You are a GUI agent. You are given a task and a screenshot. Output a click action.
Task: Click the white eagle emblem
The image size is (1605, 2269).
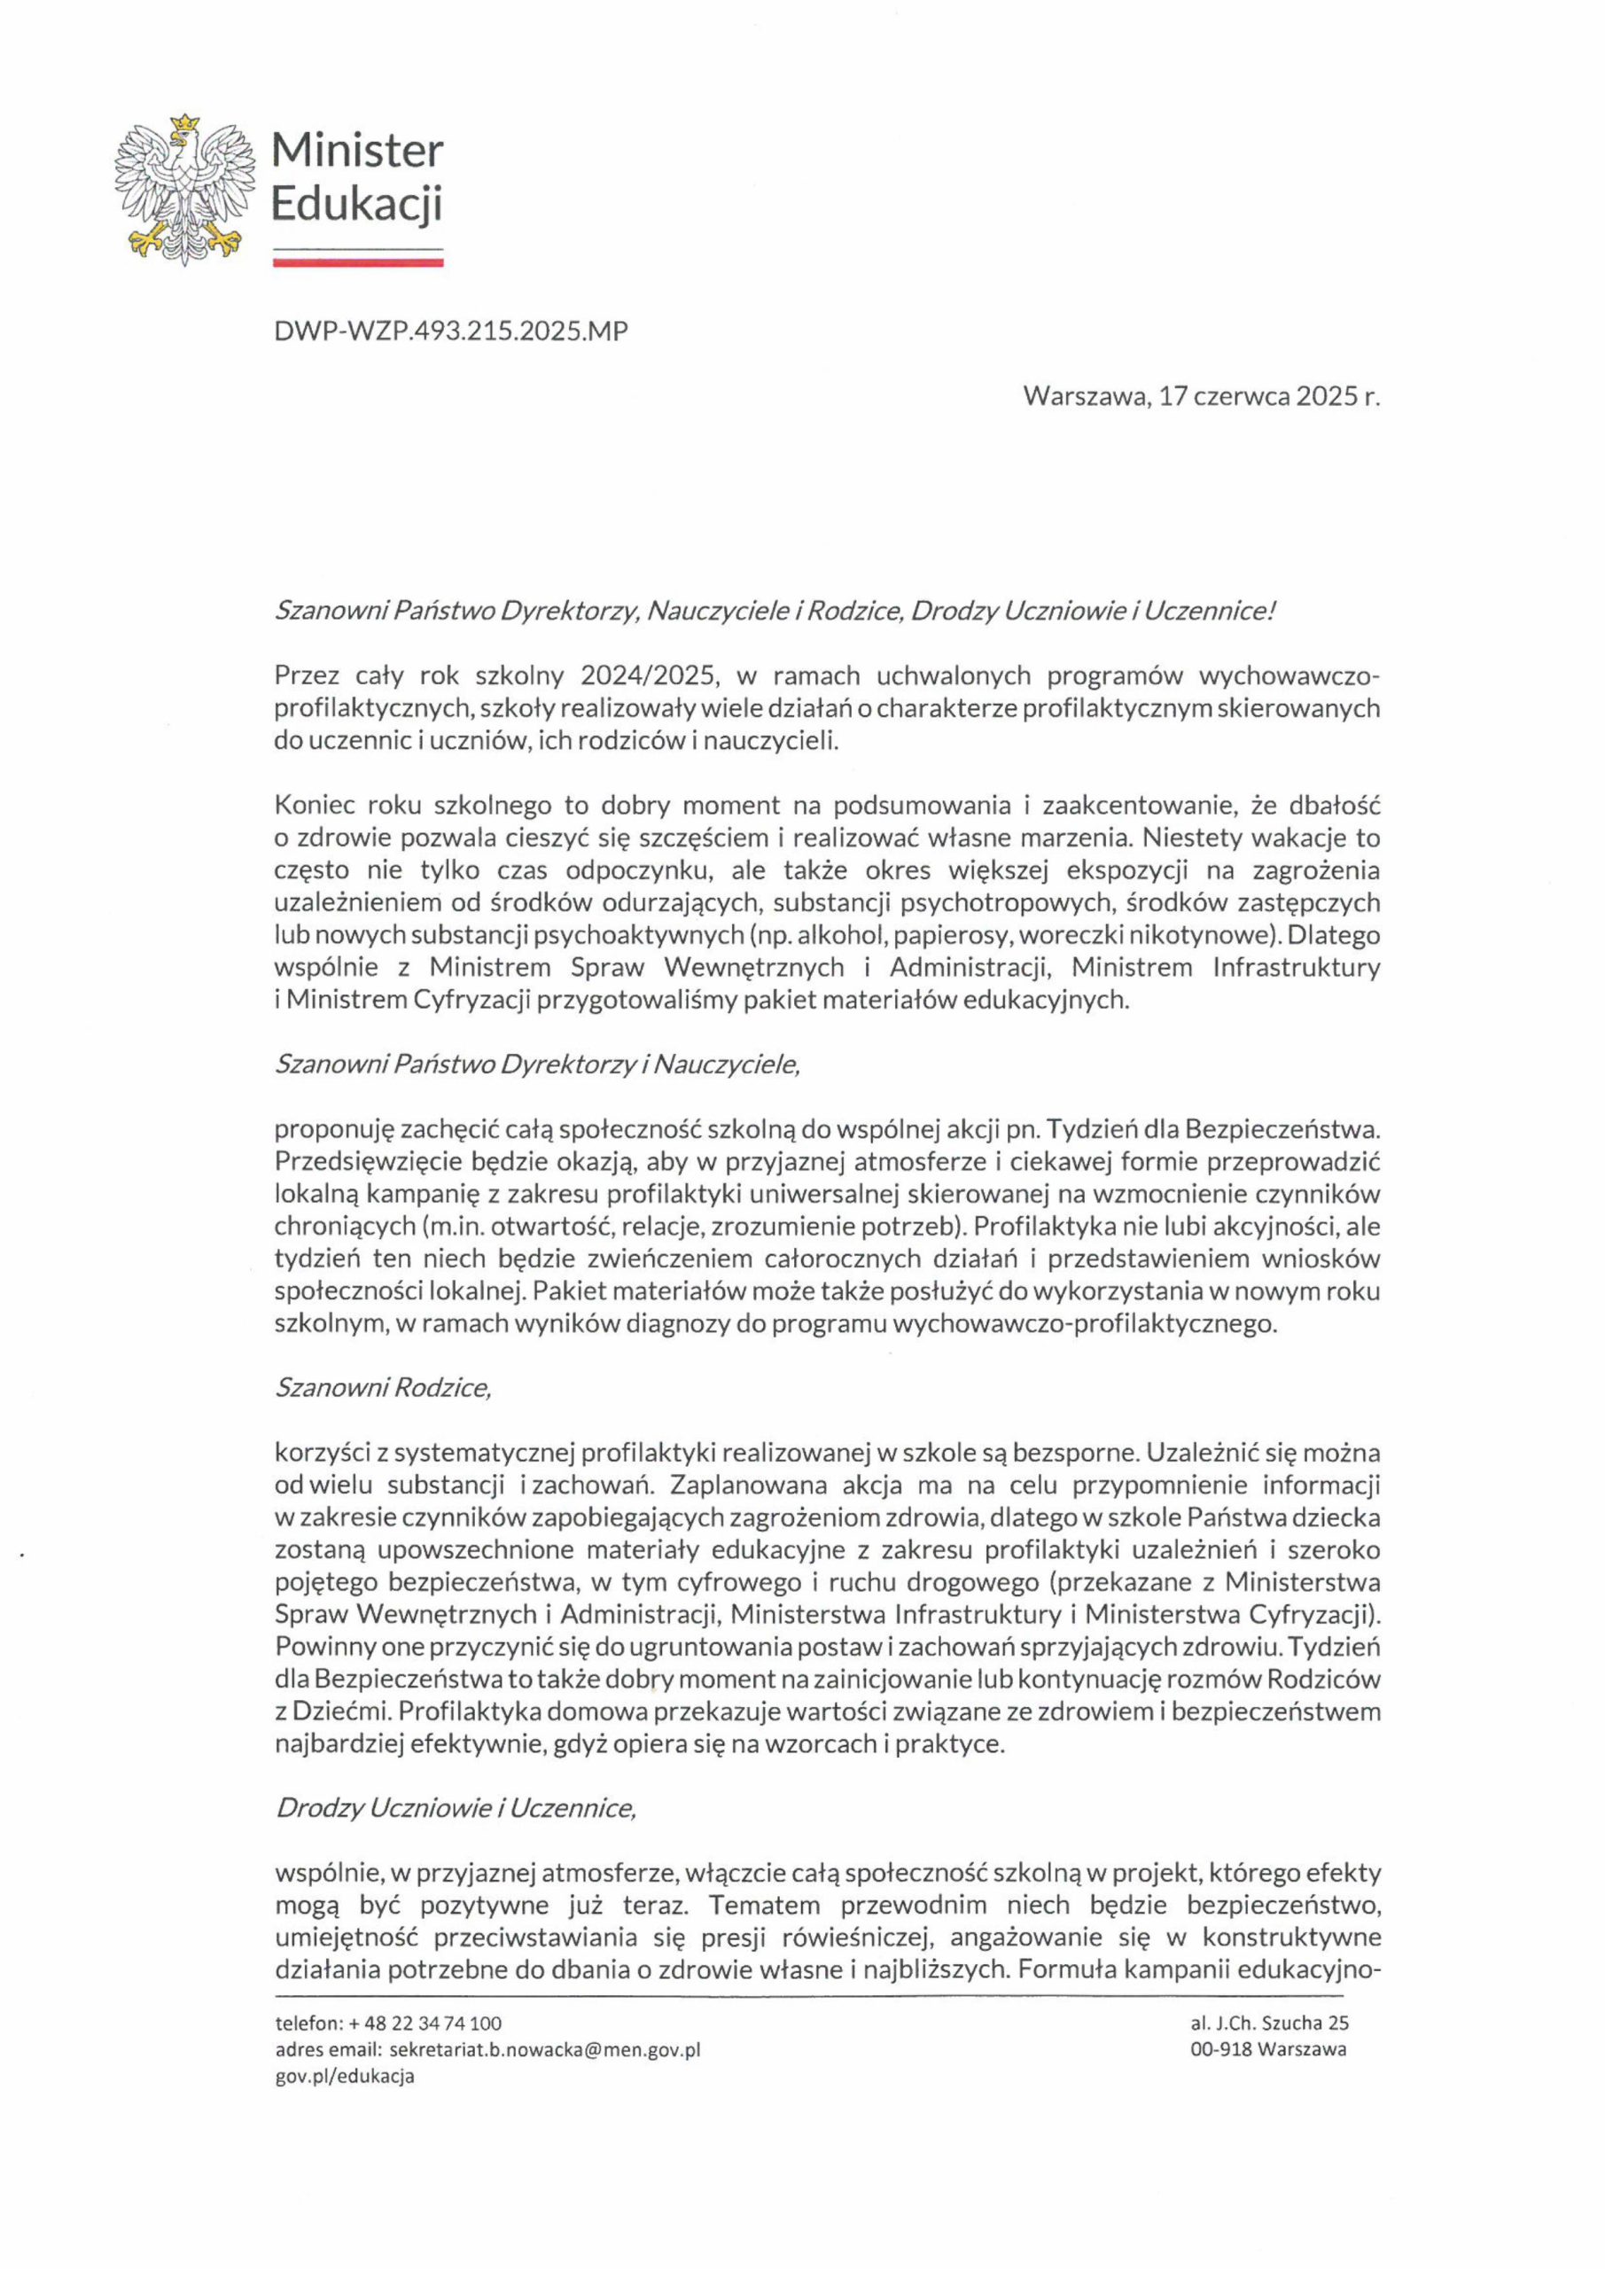tap(180, 190)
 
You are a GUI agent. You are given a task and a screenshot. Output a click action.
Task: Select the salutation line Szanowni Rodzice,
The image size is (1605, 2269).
tap(383, 1387)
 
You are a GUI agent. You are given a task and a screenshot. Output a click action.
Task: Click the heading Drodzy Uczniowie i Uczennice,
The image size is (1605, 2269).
tap(455, 1807)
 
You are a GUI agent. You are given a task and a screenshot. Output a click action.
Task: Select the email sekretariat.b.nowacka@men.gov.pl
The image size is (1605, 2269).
tap(544, 2049)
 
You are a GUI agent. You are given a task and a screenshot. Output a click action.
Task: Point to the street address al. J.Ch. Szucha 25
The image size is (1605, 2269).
tap(1269, 2023)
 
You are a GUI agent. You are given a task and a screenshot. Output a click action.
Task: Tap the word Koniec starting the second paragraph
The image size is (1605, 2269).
tap(314, 806)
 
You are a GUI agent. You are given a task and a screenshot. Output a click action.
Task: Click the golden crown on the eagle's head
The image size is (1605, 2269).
tap(181, 122)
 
